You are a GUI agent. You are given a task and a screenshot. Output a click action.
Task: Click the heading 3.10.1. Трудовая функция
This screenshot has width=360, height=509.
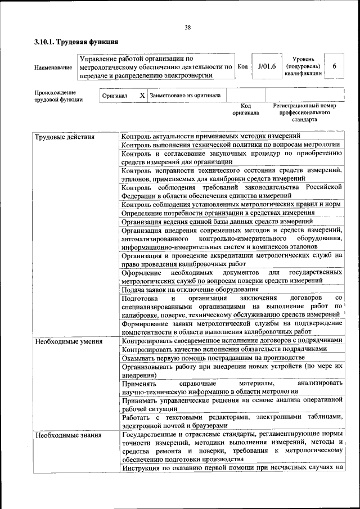pyautogui.click(x=75, y=42)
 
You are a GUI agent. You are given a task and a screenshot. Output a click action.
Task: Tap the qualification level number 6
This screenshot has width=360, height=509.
pyautogui.click(x=334, y=66)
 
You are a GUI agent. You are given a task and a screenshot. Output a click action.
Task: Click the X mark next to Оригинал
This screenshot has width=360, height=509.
pyautogui.click(x=142, y=96)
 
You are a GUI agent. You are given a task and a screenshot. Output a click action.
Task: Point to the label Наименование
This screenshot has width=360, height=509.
pyautogui.click(x=53, y=67)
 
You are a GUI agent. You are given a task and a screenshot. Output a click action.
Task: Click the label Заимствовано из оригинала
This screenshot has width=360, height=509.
pyautogui.click(x=185, y=96)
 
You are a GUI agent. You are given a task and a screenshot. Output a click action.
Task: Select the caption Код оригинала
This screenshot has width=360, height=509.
pyautogui.click(x=246, y=109)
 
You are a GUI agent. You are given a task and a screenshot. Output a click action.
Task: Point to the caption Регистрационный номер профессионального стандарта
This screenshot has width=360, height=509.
pyautogui.click(x=304, y=112)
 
